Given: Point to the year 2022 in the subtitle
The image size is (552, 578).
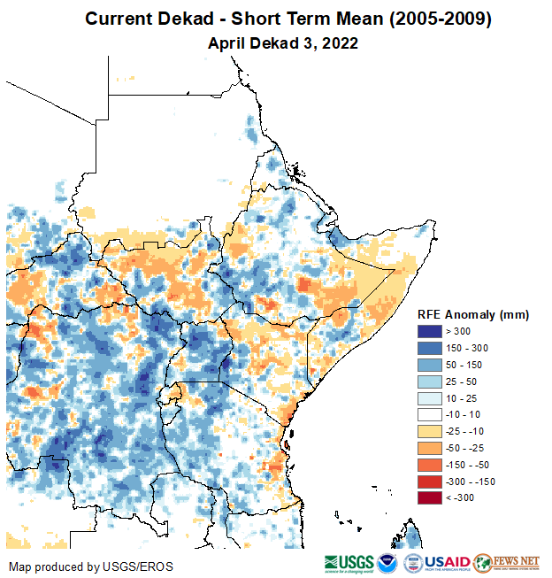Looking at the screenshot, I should point(340,42).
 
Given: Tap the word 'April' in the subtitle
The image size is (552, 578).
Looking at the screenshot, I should point(226,42).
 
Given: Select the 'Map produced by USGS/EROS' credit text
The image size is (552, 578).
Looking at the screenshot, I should point(91,566).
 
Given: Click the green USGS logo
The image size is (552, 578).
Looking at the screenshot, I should point(349,563).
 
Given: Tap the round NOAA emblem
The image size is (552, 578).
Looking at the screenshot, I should point(388,563).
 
